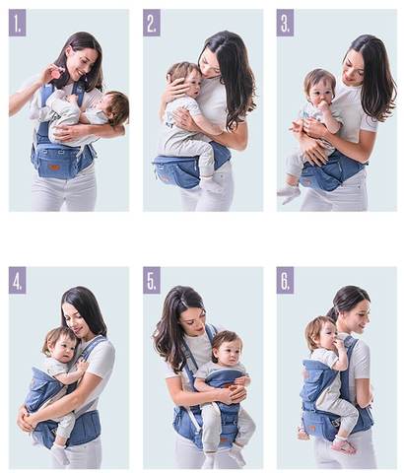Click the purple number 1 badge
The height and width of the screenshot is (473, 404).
coord(17,23)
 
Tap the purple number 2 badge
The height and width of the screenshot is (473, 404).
coord(152,23)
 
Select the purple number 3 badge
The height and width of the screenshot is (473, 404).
coord(285,23)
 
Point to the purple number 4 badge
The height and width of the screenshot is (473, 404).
coord(17,280)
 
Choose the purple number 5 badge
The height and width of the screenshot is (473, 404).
coord(152,280)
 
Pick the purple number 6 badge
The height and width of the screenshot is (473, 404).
coord(285,280)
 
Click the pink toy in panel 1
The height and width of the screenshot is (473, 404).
coord(57,73)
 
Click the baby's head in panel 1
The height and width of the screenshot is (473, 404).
coord(114,106)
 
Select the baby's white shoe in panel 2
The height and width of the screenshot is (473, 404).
coord(211,184)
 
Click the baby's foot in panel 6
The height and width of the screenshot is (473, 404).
coord(344,445)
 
